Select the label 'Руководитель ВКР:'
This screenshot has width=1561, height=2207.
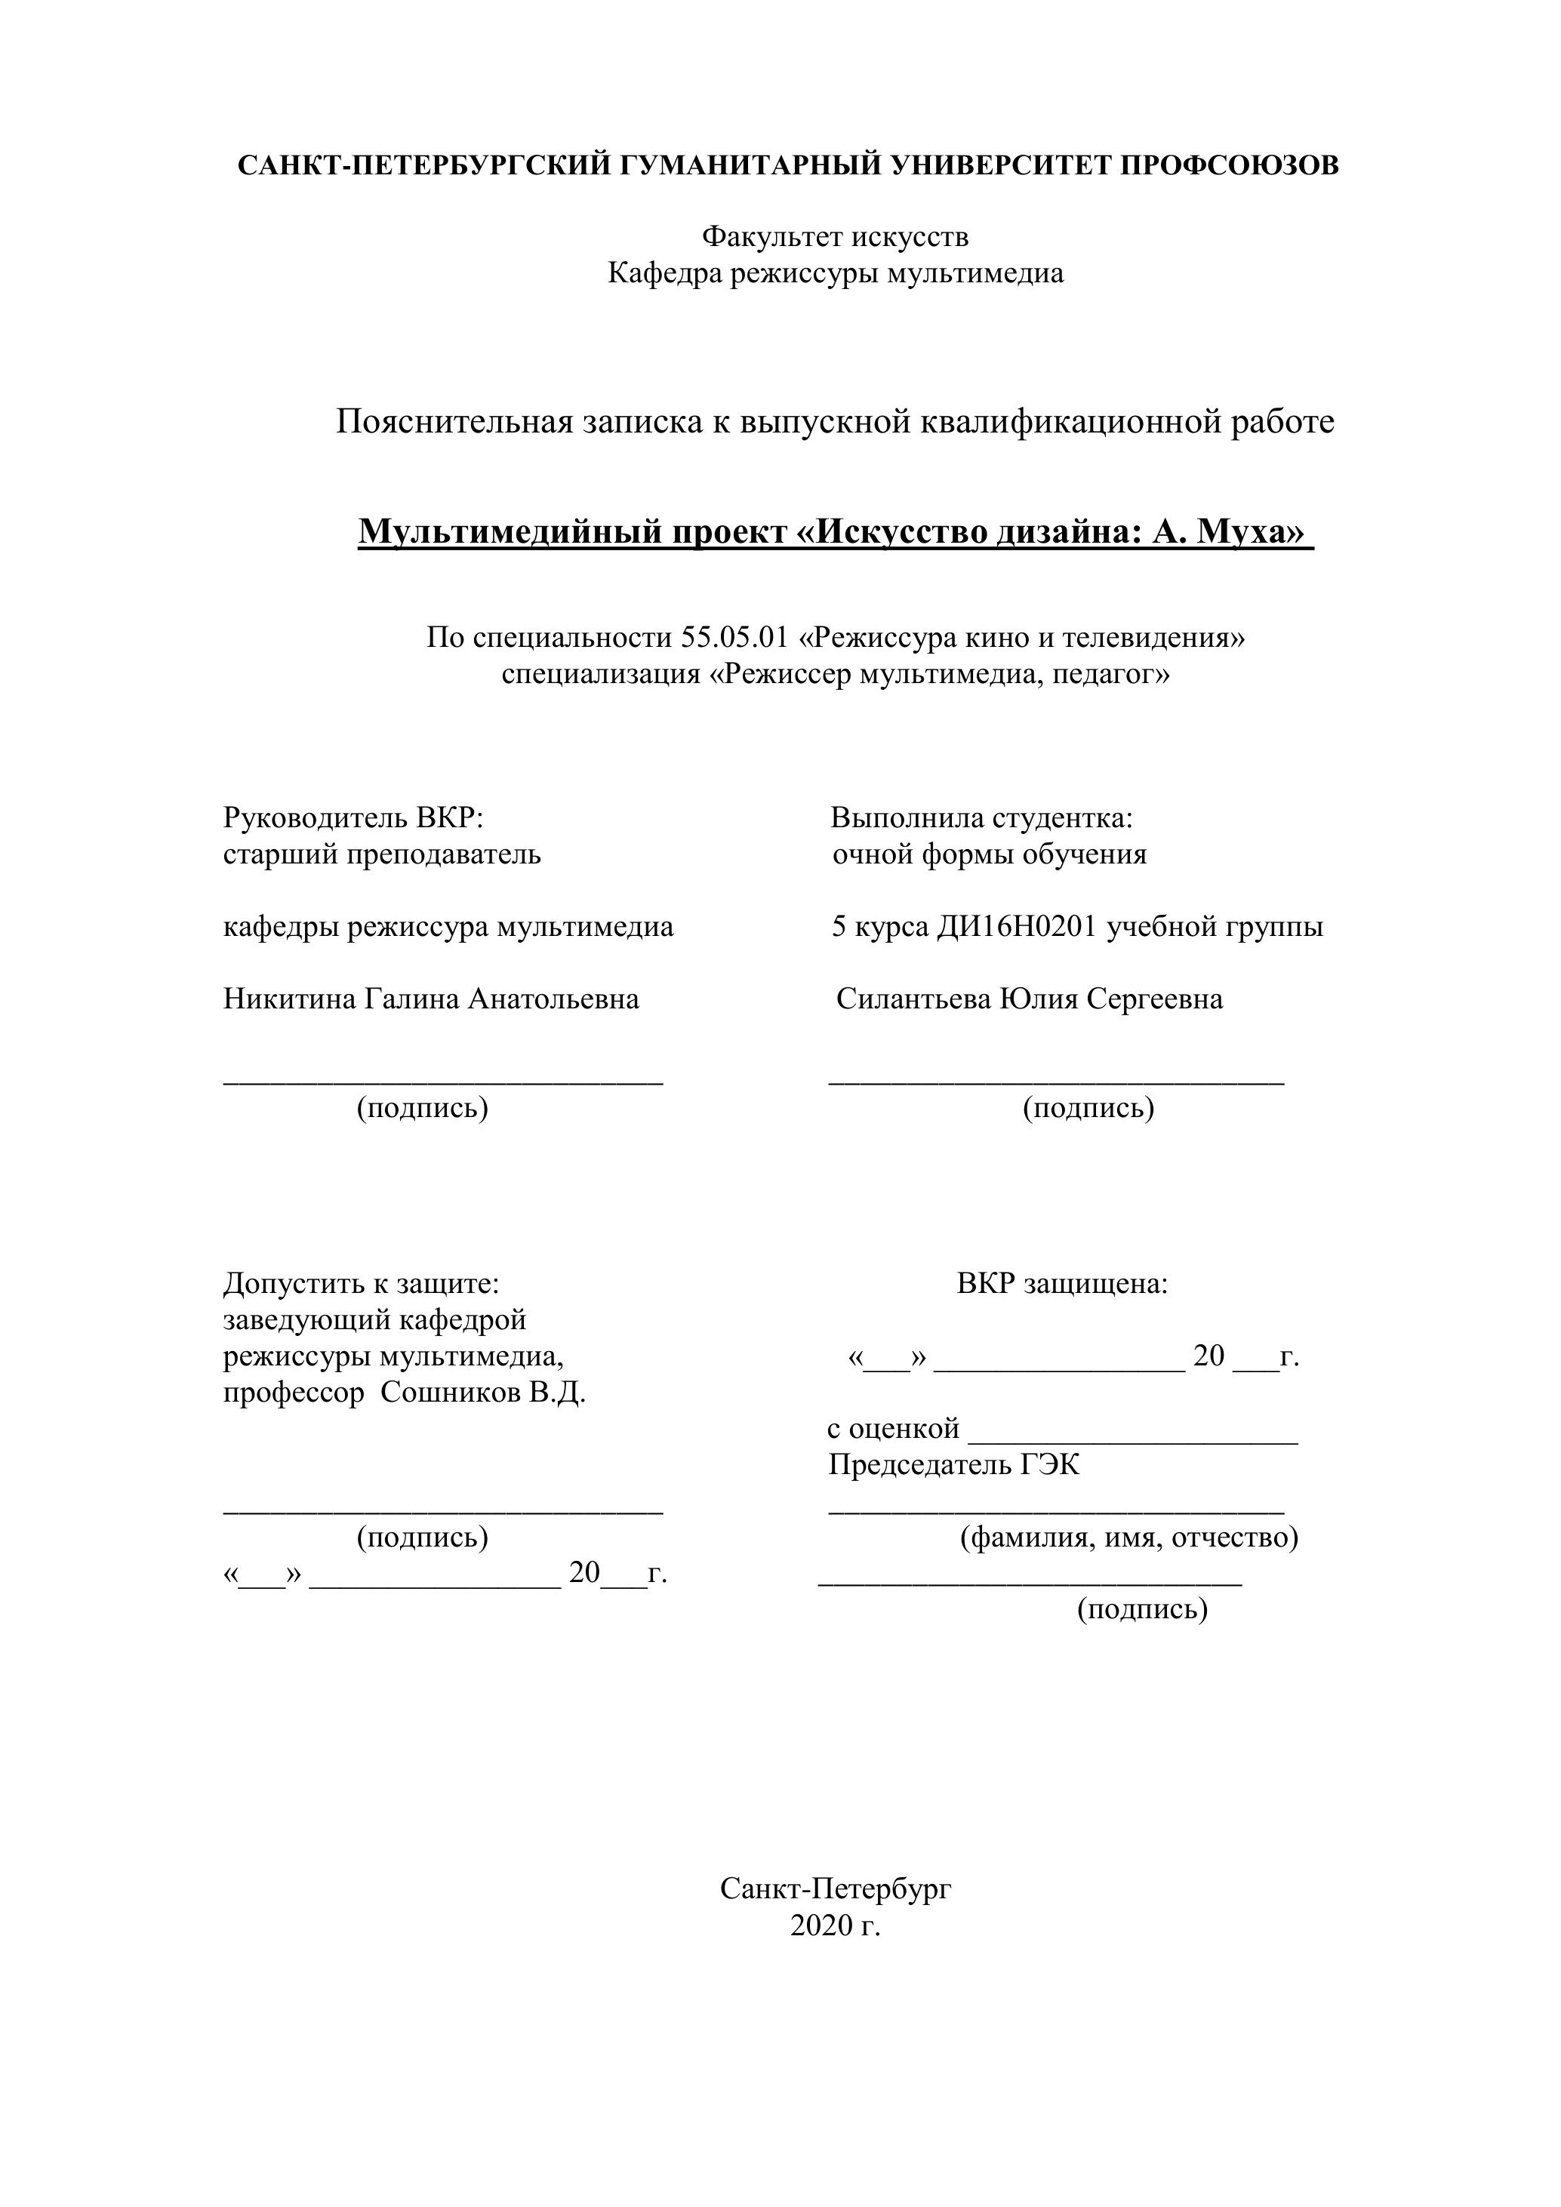click(x=353, y=818)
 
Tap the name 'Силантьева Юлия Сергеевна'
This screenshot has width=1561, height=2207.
click(x=1030, y=999)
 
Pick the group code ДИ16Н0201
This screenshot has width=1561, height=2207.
click(x=1017, y=928)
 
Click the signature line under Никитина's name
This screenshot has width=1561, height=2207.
click(x=443, y=1082)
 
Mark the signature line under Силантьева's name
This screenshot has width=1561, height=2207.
click(x=1056, y=1082)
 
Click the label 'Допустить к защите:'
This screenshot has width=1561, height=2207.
click(x=362, y=1283)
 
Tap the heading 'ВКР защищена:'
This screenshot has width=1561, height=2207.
click(x=1062, y=1283)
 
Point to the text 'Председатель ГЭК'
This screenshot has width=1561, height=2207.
click(x=953, y=1465)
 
